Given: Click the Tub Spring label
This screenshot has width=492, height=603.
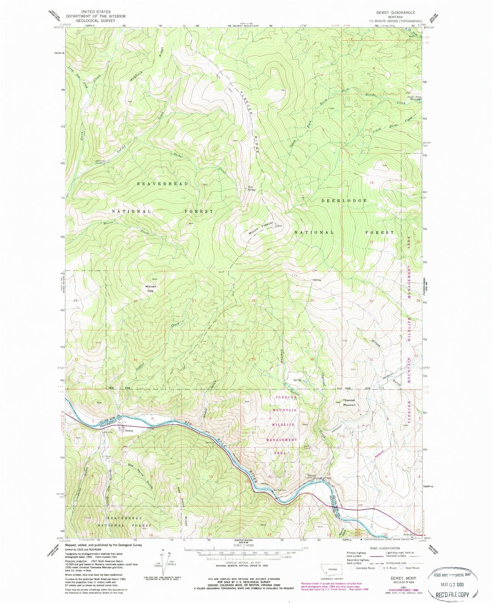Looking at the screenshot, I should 252,187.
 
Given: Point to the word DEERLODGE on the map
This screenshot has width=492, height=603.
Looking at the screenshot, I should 345,200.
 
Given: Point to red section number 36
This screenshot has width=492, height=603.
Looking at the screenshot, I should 312,359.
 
